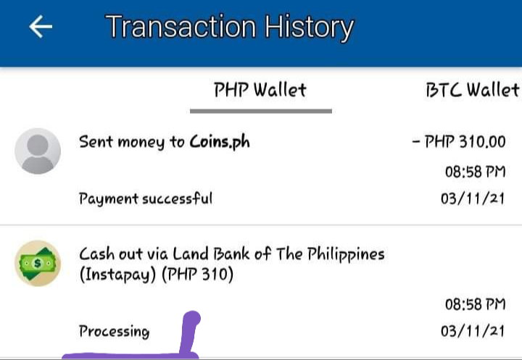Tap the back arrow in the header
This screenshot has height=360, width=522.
(x=41, y=27)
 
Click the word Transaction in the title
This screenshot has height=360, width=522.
(x=181, y=27)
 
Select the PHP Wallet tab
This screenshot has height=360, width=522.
(x=260, y=90)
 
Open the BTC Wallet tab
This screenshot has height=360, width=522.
(x=473, y=90)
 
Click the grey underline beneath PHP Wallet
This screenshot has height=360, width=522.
(x=261, y=111)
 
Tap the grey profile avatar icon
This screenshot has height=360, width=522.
(x=38, y=151)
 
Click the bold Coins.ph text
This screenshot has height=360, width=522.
(x=220, y=143)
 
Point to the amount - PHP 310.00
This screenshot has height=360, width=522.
(x=459, y=141)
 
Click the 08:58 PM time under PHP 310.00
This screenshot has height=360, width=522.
(x=476, y=172)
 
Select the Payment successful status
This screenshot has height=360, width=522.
(x=146, y=199)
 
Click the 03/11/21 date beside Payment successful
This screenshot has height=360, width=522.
(x=473, y=198)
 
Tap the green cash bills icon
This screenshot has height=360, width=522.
(x=38, y=263)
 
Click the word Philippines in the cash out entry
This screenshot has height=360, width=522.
(x=346, y=255)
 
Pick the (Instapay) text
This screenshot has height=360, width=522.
(x=117, y=275)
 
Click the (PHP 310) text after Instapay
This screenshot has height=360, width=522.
(x=198, y=275)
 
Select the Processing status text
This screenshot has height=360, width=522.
(x=115, y=331)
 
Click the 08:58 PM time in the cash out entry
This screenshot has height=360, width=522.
(x=476, y=304)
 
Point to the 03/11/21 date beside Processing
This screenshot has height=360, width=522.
(x=473, y=331)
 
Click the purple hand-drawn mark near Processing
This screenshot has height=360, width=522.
(x=188, y=336)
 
